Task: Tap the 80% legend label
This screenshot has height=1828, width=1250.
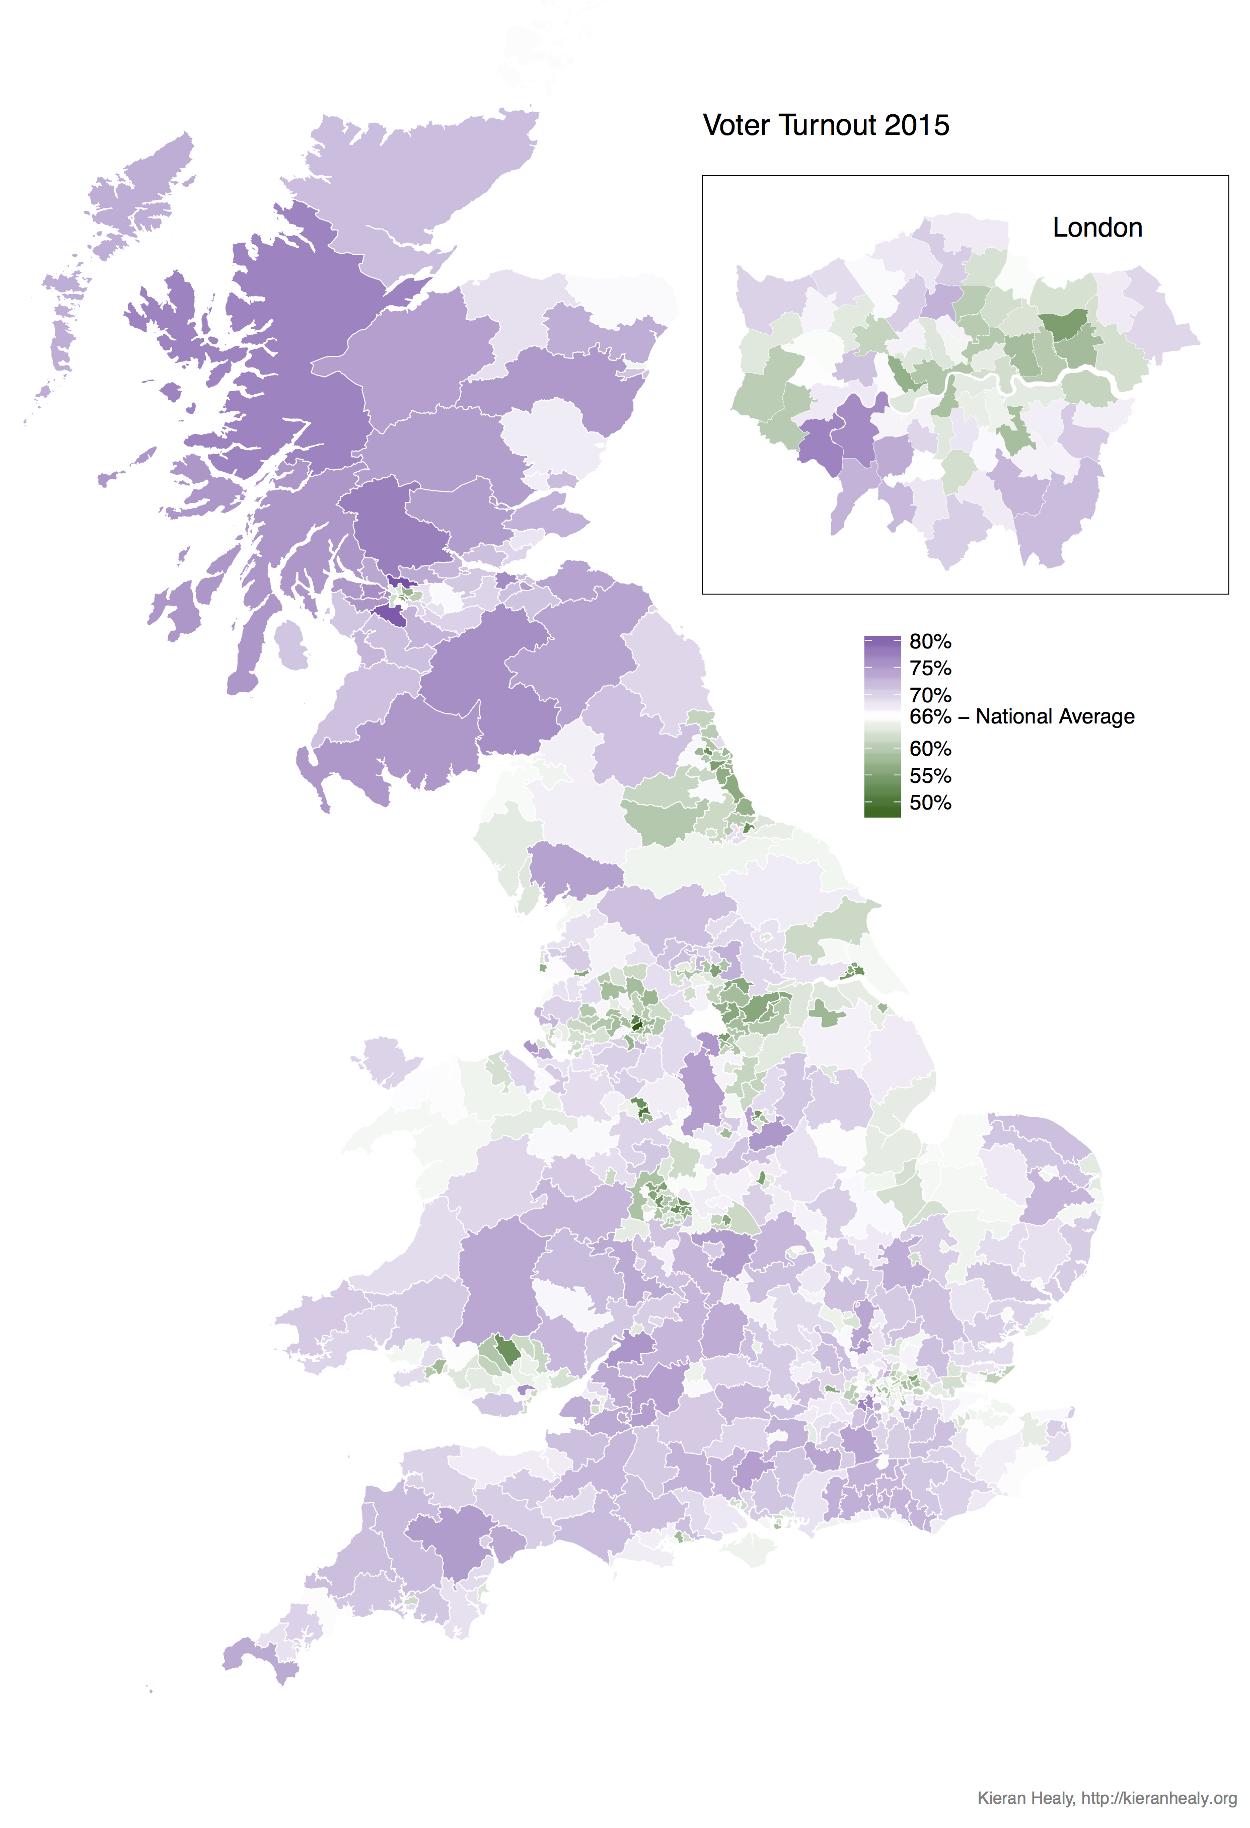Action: click(930, 642)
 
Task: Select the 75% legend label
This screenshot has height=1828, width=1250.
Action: click(930, 669)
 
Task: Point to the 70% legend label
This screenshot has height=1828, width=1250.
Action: click(930, 695)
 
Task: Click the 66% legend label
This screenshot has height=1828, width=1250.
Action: click(930, 716)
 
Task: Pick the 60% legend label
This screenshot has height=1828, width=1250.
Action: click(930, 749)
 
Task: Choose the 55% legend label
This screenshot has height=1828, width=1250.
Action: click(930, 776)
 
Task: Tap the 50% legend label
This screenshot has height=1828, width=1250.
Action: click(930, 803)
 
